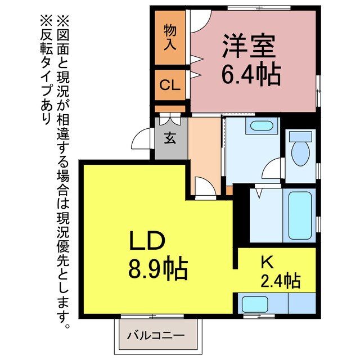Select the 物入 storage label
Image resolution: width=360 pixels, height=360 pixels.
170,37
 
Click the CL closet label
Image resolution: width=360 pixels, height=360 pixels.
170,85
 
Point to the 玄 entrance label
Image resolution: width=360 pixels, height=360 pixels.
169,138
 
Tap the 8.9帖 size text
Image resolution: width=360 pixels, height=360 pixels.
158,271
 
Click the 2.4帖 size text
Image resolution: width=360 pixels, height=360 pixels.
280,280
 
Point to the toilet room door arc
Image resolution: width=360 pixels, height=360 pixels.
274,169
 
